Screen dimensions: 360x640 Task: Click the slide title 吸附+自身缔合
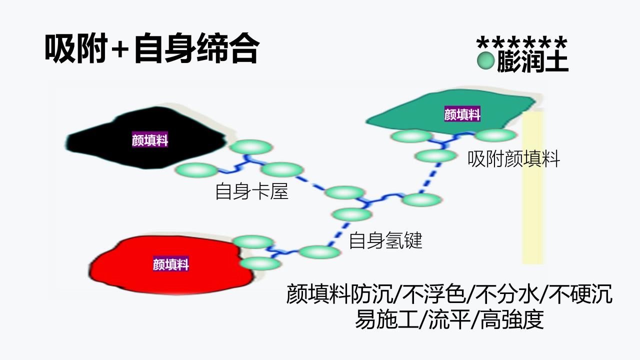(x=151, y=49)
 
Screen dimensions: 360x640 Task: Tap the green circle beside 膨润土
(x=485, y=61)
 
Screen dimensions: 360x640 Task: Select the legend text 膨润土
(x=532, y=61)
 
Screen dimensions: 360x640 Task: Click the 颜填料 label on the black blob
(x=150, y=140)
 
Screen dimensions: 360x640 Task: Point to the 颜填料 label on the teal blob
(x=462, y=114)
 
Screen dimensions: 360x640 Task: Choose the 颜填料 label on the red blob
(x=171, y=264)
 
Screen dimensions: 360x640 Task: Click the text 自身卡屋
(x=252, y=191)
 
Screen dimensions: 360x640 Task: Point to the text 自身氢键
(x=385, y=240)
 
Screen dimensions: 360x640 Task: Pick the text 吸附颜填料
(x=513, y=159)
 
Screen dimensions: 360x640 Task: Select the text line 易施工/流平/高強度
(x=449, y=319)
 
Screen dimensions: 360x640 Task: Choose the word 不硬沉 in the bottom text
(x=580, y=294)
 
